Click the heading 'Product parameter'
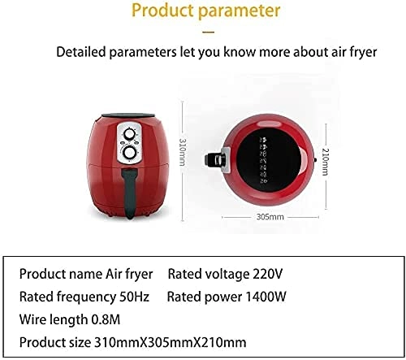tap(205, 12)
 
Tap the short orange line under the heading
tap(208, 33)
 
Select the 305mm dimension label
tap(270, 218)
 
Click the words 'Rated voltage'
tap(206, 273)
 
